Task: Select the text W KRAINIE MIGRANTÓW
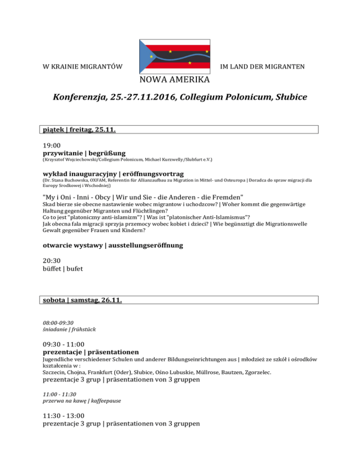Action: [x=79, y=67]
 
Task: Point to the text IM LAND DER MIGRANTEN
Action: [x=262, y=67]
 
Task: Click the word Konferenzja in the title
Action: [x=79, y=98]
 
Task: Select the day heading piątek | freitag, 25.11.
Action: [x=79, y=130]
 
